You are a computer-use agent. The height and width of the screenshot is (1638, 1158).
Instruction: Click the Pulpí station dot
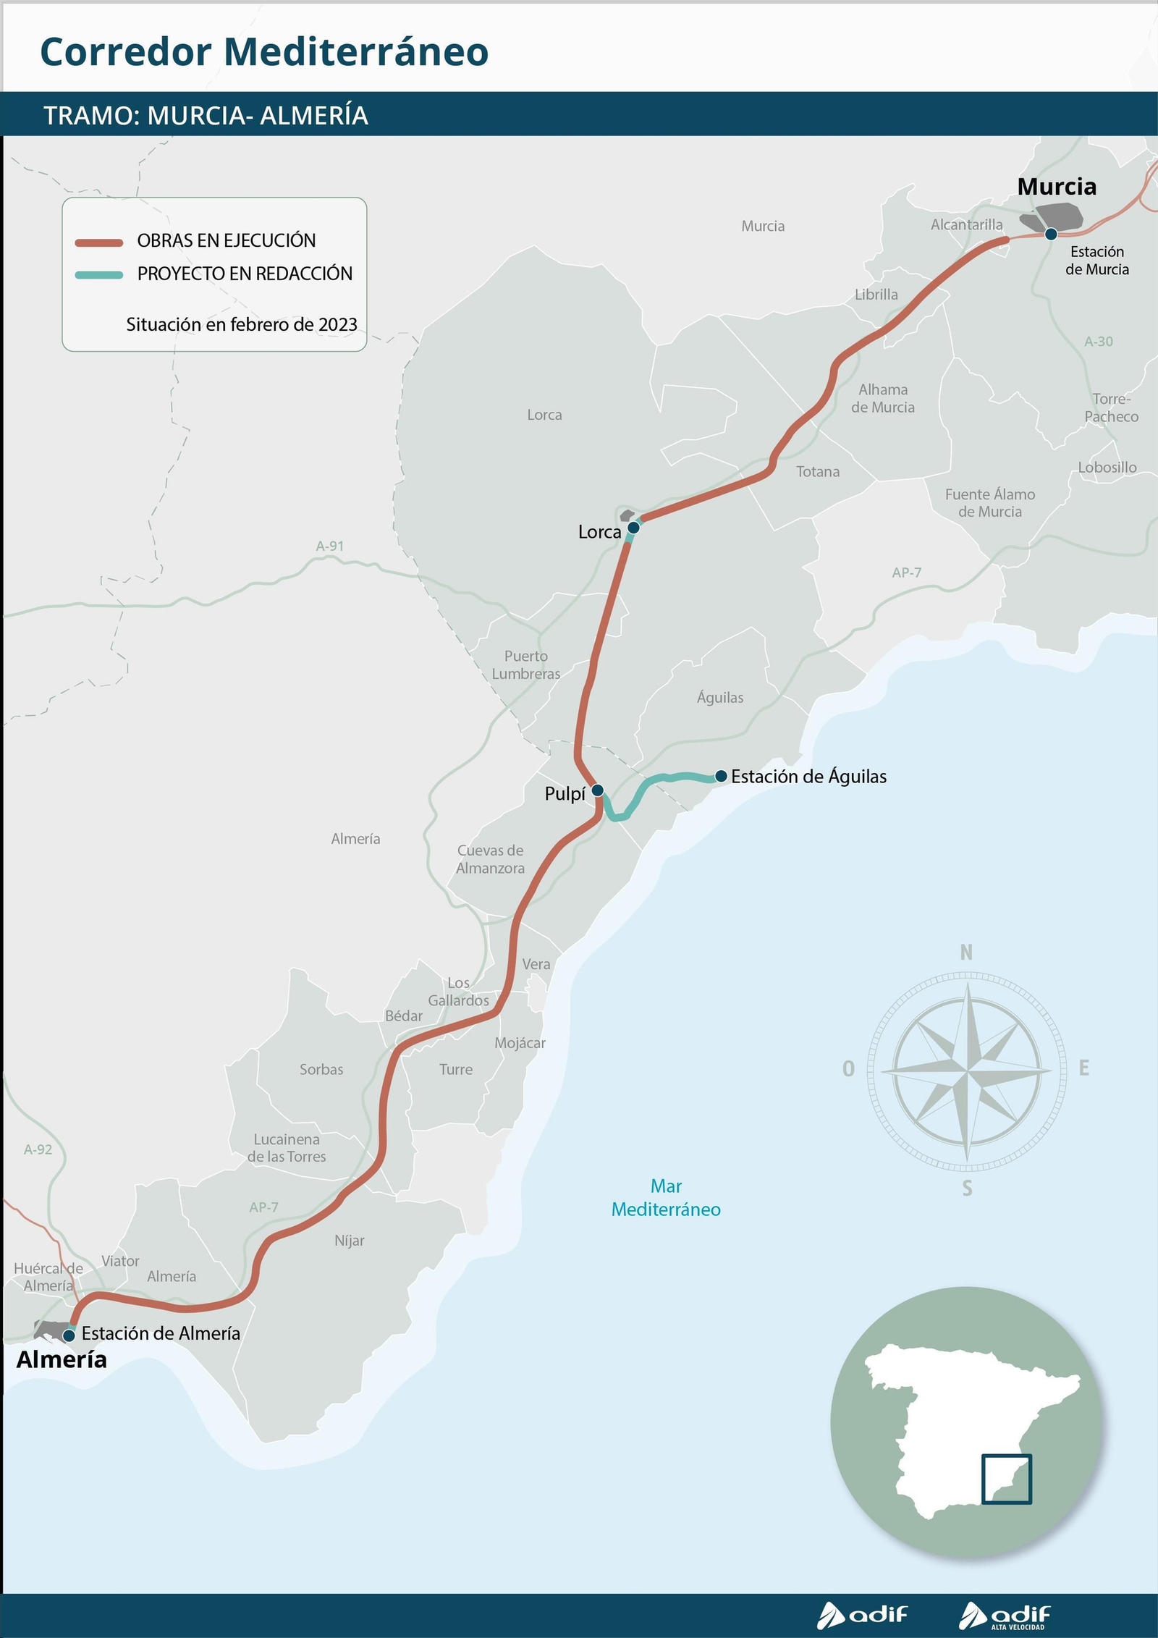pos(597,790)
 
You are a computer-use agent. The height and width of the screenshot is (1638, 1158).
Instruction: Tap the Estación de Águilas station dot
pos(721,776)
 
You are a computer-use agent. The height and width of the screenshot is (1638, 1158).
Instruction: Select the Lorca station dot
pos(633,527)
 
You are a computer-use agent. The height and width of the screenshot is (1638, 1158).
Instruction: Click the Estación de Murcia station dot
pos(1051,234)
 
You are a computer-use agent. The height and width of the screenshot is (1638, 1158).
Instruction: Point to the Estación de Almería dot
pos(69,1335)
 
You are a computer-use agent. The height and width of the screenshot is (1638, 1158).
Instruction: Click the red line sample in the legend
pos(99,242)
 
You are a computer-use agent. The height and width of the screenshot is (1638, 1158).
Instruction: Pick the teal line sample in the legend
pos(99,275)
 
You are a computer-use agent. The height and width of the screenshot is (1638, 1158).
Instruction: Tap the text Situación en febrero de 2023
pos(242,324)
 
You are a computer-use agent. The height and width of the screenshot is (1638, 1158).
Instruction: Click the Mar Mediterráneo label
pos(666,1198)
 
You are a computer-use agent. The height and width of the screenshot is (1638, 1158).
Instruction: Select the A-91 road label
pos(329,546)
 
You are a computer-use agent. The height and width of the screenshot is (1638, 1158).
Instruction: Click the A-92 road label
pos(38,1149)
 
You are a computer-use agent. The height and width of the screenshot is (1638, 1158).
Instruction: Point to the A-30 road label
pos(1098,342)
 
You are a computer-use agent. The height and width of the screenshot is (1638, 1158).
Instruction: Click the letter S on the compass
pos(967,1188)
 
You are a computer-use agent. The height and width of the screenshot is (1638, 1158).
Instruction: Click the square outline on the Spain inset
pos(1007,1479)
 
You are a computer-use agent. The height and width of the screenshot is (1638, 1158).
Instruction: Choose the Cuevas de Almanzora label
pos(490,859)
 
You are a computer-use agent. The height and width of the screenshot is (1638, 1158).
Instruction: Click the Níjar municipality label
pos(350,1241)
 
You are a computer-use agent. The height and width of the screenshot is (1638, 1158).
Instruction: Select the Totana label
pos(818,472)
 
